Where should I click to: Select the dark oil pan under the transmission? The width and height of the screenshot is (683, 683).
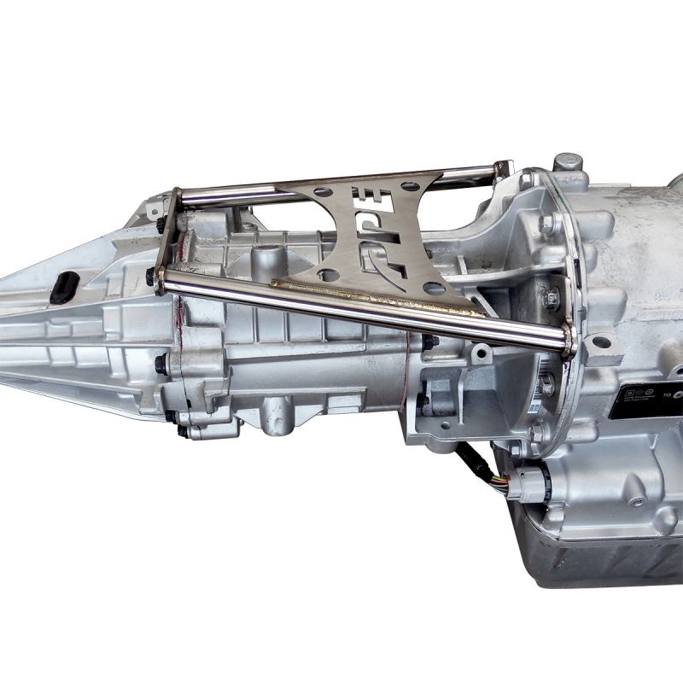(598, 555)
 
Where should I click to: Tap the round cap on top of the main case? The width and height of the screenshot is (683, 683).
(567, 161)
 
